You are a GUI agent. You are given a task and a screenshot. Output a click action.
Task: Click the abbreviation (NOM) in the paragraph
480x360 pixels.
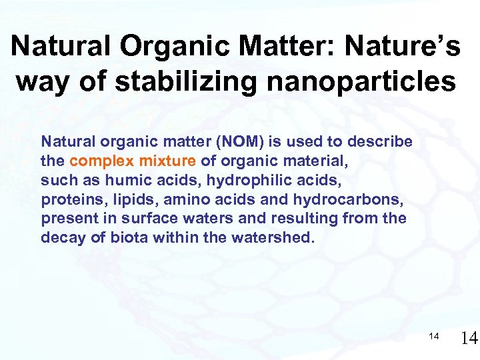(214, 142)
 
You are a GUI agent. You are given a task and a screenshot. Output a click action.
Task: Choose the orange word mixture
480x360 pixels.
(166, 161)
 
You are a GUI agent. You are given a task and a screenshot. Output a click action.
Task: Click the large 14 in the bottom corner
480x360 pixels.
(469, 339)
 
